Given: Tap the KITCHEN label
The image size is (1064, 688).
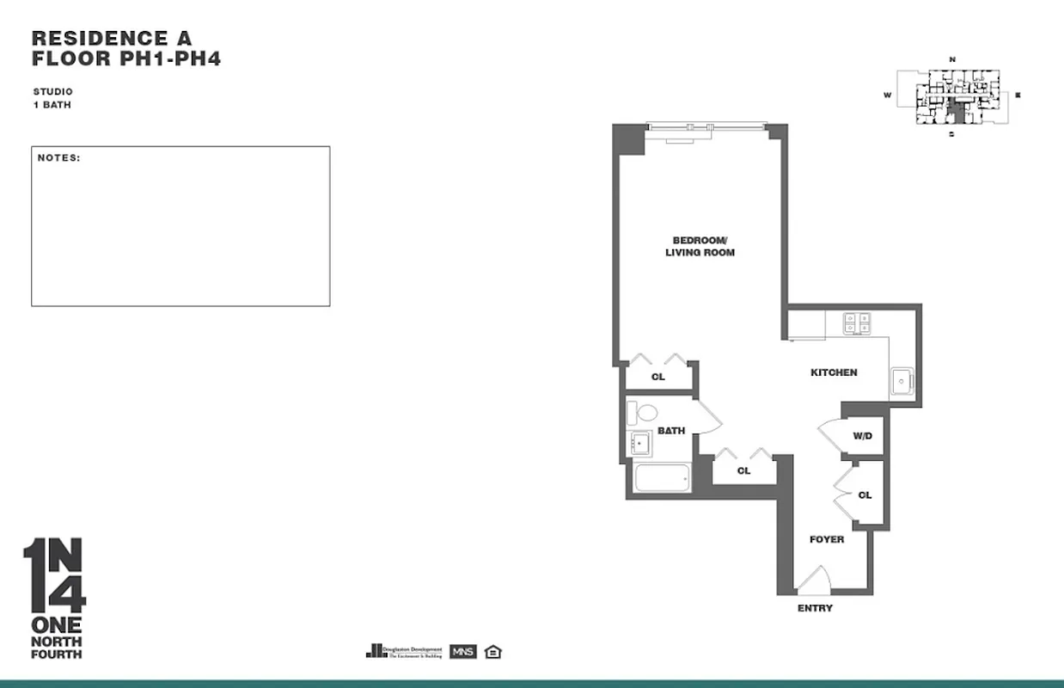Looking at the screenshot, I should point(834,372).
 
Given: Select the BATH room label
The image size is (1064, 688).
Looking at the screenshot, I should point(671,430).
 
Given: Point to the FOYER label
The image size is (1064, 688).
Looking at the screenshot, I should point(827,539).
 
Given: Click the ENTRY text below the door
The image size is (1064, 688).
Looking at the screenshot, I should point(815,608).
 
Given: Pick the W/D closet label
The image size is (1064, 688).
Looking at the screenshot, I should point(862,436).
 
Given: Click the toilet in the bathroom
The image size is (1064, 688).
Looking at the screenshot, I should point(642,413).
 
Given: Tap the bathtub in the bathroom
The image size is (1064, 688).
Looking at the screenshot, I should point(662,479).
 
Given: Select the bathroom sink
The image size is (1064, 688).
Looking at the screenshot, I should point(641,444).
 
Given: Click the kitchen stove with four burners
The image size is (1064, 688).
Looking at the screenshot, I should point(857,322).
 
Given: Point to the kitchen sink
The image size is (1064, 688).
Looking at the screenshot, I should point(903,379).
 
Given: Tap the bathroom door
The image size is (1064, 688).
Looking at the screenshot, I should point(709,419).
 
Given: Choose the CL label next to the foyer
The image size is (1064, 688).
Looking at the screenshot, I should point(865,494).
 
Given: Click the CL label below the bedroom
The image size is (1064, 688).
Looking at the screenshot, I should point(657,377).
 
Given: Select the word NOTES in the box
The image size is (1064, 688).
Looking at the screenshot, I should point(58,158).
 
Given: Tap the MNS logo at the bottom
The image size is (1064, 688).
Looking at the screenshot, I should point(462,651).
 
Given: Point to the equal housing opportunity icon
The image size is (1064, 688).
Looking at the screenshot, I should point(492,651).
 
